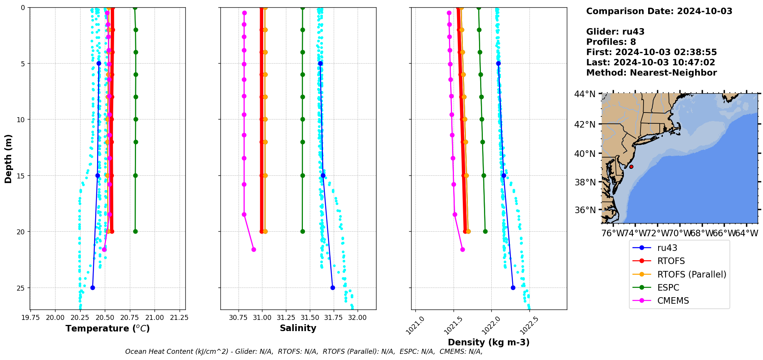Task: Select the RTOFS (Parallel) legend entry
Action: pyautogui.click(x=691, y=274)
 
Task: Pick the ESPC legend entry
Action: pyautogui.click(x=668, y=288)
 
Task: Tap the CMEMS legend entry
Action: pyautogui.click(x=673, y=301)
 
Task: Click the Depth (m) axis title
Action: pyautogui.click(x=8, y=158)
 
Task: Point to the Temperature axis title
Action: pyautogui.click(x=108, y=328)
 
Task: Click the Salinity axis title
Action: pyautogui.click(x=298, y=328)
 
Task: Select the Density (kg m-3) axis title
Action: pyautogui.click(x=488, y=342)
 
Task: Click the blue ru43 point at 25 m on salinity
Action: pyautogui.click(x=333, y=288)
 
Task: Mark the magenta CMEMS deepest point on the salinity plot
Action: pyautogui.click(x=254, y=249)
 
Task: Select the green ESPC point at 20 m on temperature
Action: pyautogui.click(x=135, y=232)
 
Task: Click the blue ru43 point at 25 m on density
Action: pyautogui.click(x=513, y=288)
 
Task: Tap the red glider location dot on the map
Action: pyautogui.click(x=631, y=167)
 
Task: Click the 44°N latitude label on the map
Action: pyautogui.click(x=585, y=94)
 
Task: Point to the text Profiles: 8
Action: pyautogui.click(x=611, y=42)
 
